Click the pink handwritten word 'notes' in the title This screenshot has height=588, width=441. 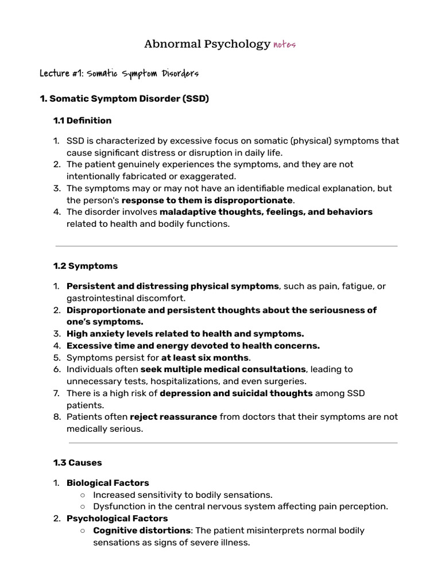[284, 45]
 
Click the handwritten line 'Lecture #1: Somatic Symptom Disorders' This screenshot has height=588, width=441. [119, 74]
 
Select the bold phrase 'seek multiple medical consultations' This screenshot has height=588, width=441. [224, 369]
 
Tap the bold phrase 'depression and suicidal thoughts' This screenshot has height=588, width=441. [236, 393]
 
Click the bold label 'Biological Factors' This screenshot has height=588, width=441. [108, 483]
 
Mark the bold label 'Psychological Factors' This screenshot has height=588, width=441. [117, 519]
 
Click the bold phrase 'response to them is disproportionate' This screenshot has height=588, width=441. [207, 200]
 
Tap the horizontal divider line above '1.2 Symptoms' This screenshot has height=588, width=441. [226, 246]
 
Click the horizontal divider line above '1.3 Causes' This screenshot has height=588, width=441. [233, 443]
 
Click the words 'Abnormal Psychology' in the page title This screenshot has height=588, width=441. [207, 44]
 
